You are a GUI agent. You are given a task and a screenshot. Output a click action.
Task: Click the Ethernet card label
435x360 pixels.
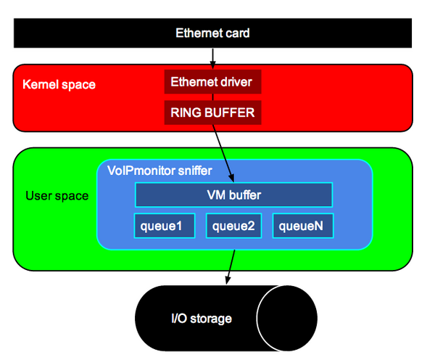coord(212,33)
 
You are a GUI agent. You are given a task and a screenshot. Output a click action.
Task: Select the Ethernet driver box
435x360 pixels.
coord(212,82)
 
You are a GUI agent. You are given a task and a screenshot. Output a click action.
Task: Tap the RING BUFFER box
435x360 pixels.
coord(212,113)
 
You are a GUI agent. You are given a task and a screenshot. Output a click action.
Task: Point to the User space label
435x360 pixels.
coord(57,195)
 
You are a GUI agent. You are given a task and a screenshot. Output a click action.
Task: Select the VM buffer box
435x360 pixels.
coord(233,195)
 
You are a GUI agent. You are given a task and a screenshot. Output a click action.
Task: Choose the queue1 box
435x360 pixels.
coord(165,226)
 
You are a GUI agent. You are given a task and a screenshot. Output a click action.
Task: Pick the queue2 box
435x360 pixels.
coord(234,226)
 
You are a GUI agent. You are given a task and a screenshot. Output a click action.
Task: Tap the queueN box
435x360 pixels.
coord(302,226)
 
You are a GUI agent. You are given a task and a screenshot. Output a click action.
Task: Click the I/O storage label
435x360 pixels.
coord(202,318)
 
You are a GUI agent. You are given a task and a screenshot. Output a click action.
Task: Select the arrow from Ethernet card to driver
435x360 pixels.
coord(212,57)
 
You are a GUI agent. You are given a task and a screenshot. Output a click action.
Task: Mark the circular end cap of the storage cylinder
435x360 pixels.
coord(287,318)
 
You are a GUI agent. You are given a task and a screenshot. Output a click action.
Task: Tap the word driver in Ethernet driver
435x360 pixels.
coord(235,82)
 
